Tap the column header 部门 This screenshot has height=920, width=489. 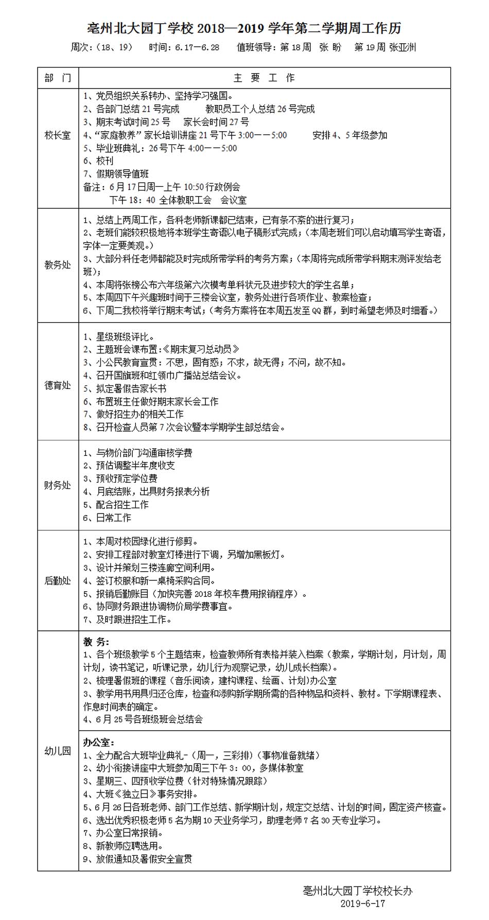click(x=58, y=78)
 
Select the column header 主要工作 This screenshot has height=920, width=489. click(x=264, y=78)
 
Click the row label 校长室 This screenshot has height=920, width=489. click(x=58, y=135)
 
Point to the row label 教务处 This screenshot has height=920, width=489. click(x=58, y=265)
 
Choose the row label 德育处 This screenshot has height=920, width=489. click(x=58, y=385)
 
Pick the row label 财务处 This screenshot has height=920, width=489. click(x=58, y=485)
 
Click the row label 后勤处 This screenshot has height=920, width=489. click(x=58, y=580)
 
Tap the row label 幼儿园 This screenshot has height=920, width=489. click(x=58, y=751)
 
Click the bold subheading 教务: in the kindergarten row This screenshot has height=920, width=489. click(x=96, y=642)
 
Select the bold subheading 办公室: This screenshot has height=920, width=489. click(x=99, y=742)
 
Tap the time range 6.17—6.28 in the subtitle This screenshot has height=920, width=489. click(x=197, y=47)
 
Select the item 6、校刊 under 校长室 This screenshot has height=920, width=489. click(x=98, y=161)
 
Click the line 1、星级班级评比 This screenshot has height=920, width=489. click(x=119, y=337)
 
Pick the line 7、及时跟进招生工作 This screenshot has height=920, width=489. click(x=127, y=620)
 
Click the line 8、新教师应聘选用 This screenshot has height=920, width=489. click(x=124, y=846)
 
